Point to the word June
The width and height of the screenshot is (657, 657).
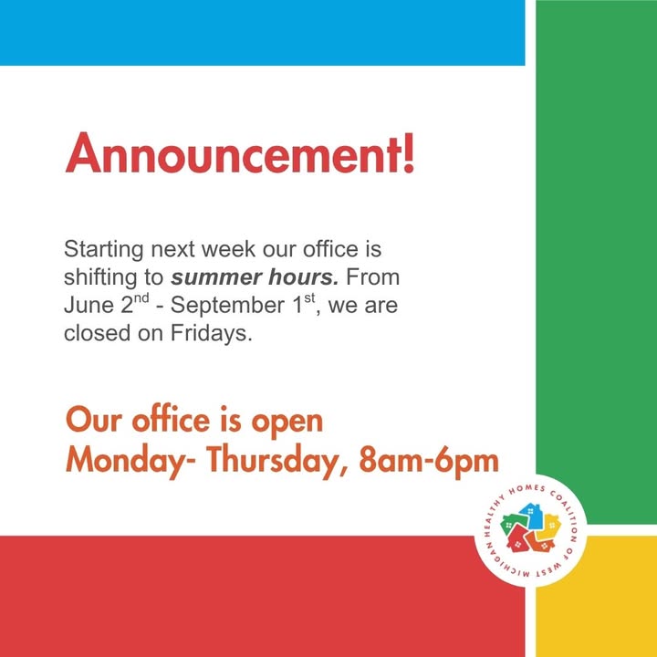point(89,306)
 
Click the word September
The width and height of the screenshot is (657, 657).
point(228,307)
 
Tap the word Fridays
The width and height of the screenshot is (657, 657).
point(212,334)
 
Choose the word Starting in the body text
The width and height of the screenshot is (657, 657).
point(103,250)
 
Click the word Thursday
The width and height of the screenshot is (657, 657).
point(273,461)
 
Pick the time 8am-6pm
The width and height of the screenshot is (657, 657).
point(429,462)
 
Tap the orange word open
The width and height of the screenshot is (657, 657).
point(287,422)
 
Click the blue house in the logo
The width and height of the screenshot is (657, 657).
point(530,515)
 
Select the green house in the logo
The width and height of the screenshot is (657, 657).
point(512,525)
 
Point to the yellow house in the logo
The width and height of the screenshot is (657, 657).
point(549,527)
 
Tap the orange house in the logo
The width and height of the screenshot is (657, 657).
point(540,543)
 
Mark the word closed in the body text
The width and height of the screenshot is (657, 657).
point(98,334)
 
